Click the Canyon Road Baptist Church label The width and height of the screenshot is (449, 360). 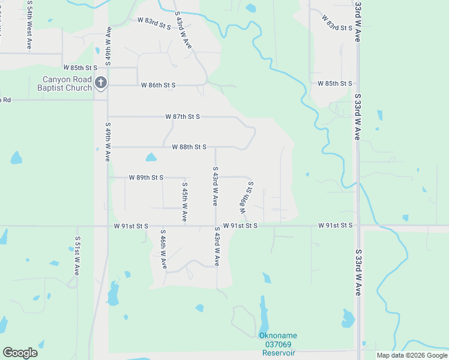coord(67,83)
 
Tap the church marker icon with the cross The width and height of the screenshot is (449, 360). coord(101,83)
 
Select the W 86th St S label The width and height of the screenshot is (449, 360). coord(158,86)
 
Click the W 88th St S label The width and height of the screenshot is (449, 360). coord(189,147)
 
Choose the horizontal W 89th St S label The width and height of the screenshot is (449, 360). coord(146,178)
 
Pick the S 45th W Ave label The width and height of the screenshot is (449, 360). coord(185,203)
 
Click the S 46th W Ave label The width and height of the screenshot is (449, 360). coord(163,248)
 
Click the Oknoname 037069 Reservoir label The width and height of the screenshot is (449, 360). coord(277,344)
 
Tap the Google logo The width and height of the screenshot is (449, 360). coord(20,353)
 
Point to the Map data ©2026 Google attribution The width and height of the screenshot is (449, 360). coord(412,355)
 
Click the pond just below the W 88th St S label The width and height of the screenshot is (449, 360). coord(151,158)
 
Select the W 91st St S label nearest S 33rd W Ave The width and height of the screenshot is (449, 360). coord(336,226)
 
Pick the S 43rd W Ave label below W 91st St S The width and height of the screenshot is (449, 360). coord(217,246)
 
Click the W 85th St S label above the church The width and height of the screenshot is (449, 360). coord(80,68)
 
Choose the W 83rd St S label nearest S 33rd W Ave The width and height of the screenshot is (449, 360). coord(337,24)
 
